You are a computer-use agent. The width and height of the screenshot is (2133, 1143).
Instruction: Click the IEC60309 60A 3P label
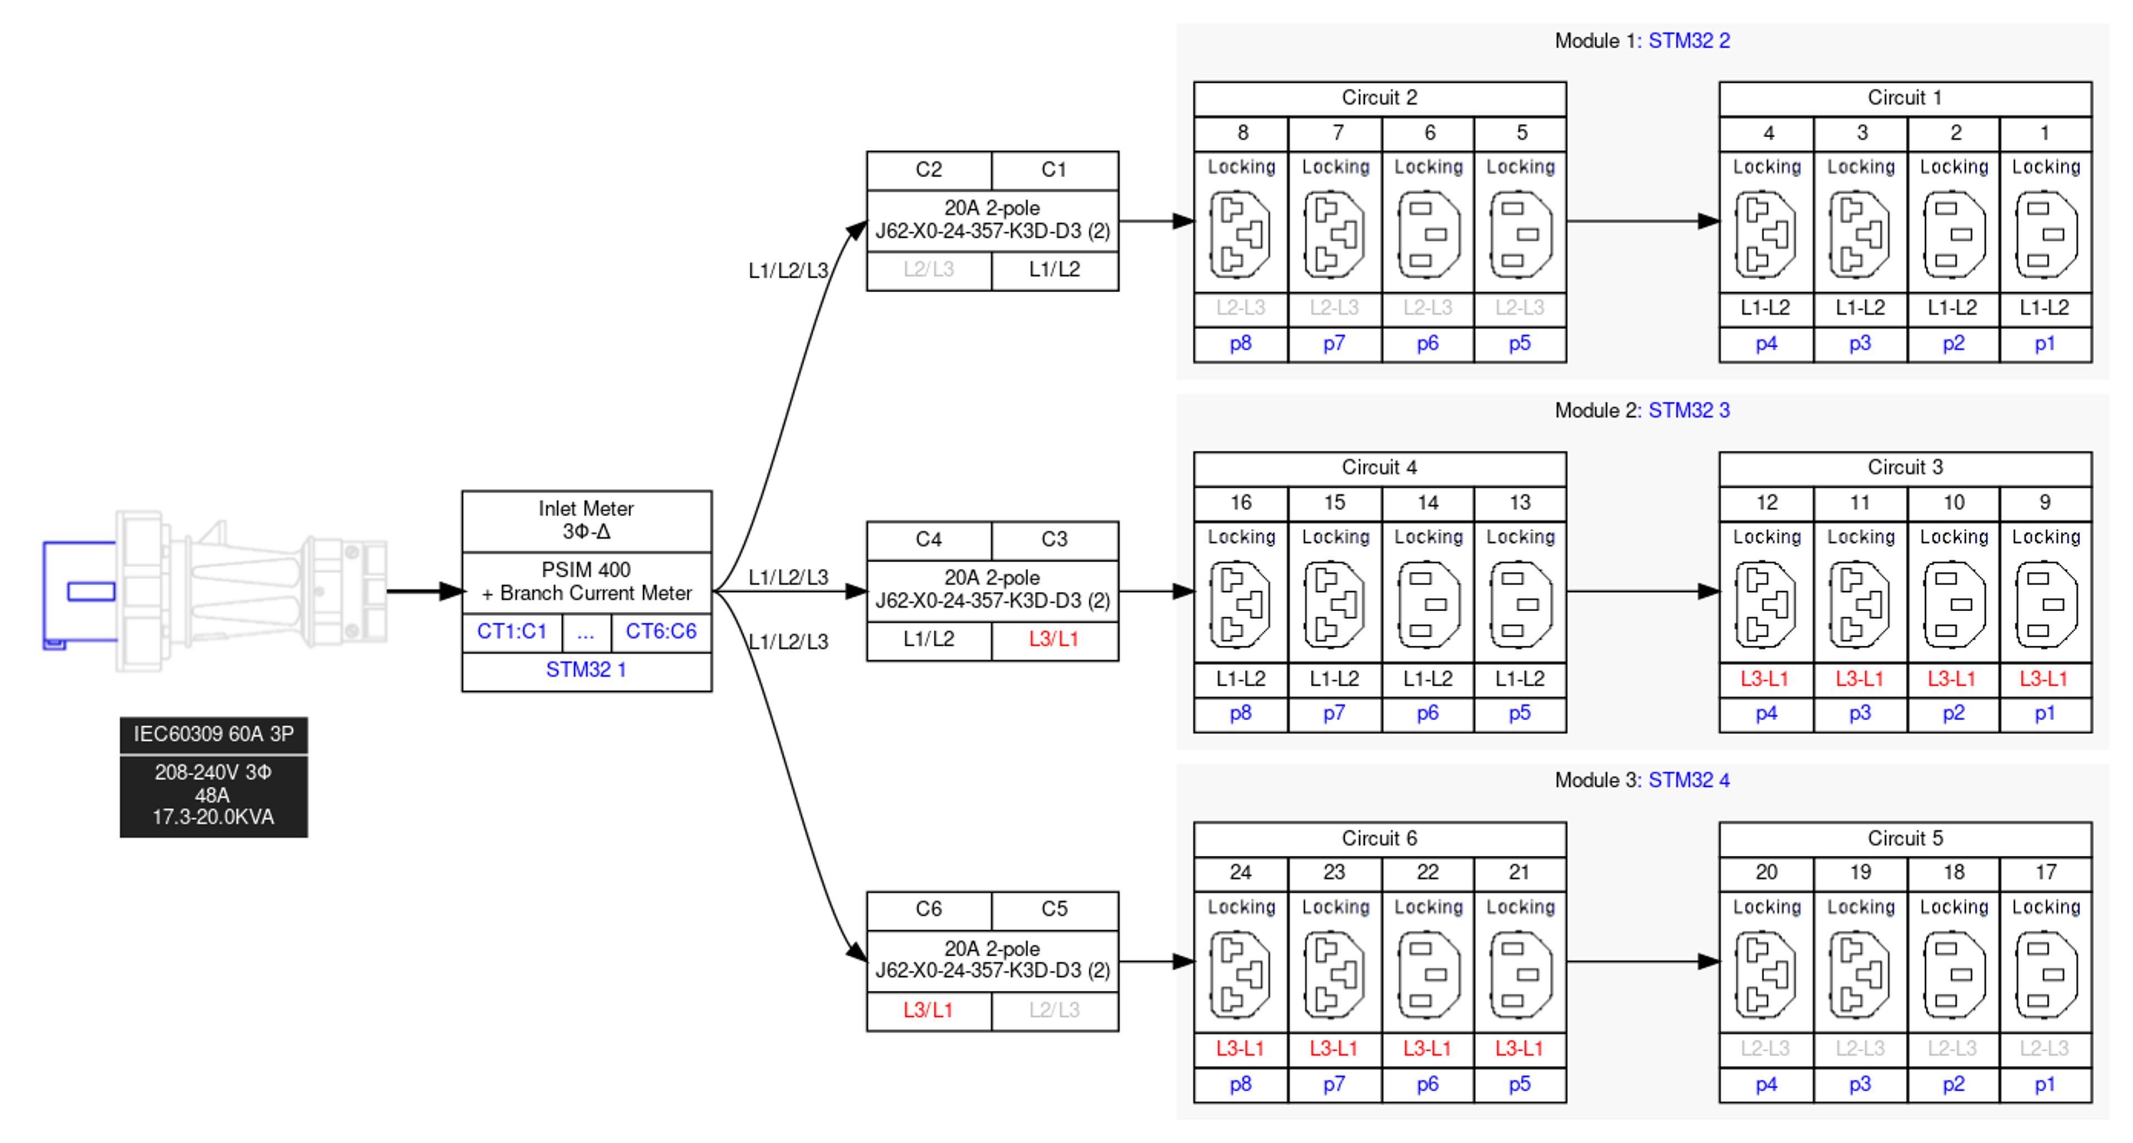[214, 735]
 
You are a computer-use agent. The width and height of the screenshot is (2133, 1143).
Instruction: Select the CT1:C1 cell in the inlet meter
[512, 632]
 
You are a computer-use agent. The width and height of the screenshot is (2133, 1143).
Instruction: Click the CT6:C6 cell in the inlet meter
[661, 632]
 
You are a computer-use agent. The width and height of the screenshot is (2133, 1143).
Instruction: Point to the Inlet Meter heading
[586, 508]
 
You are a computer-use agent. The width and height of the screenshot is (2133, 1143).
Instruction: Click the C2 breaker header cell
[929, 170]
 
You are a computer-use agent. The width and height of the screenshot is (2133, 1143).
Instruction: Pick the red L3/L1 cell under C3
[1054, 640]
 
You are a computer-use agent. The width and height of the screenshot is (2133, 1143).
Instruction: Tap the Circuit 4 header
[1379, 468]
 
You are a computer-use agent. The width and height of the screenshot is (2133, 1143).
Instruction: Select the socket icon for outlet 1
[2046, 234]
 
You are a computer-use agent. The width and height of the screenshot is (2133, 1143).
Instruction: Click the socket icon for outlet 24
[1240, 975]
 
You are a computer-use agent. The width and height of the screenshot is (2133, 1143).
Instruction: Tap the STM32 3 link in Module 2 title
[1689, 411]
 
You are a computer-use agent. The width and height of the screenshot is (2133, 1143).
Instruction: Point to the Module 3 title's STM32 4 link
[1689, 780]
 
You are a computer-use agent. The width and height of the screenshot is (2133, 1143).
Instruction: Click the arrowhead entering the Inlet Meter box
[453, 591]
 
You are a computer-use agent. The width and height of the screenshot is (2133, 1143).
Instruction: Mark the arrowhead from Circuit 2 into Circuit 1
[1708, 221]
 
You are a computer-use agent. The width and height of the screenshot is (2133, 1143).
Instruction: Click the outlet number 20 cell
[1766, 873]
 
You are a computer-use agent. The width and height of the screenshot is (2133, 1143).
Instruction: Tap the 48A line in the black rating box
[212, 796]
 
